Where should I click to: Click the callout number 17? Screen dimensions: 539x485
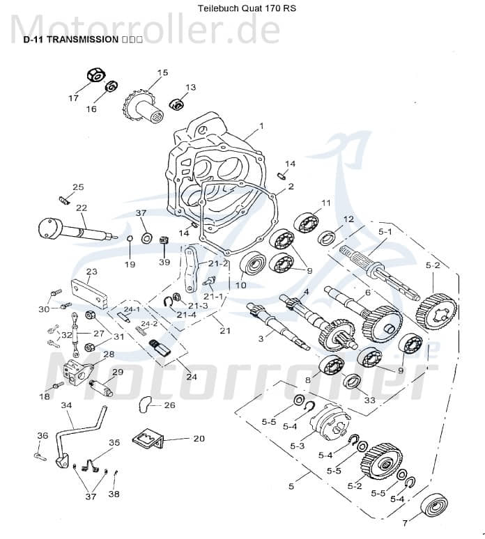73,98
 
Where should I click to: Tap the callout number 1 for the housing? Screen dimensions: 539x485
261,126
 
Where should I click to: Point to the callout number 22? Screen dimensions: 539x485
82,208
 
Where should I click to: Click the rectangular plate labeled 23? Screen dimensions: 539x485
88,295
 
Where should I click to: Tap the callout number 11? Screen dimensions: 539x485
325,203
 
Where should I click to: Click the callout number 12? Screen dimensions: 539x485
348,219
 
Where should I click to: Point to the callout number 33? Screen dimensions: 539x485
369,400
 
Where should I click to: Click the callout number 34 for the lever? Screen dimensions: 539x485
67,405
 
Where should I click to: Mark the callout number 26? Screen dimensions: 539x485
169,405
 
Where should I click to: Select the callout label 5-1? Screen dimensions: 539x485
385,231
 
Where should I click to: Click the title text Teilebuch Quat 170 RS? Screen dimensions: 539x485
243,9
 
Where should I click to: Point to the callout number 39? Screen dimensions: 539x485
164,263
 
